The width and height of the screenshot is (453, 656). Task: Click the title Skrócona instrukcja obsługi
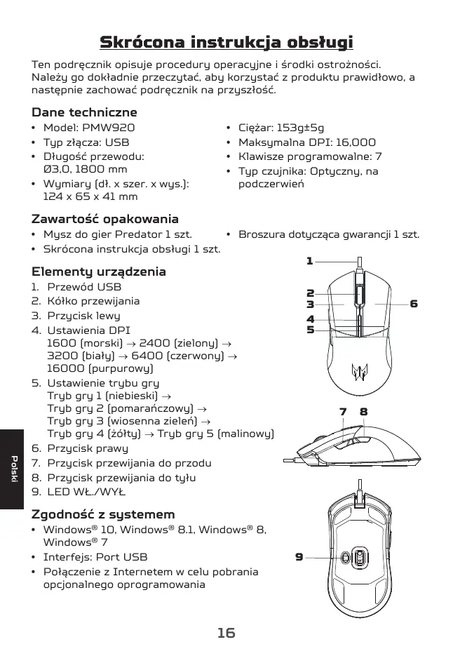226,42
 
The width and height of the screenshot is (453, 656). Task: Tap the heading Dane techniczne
84,112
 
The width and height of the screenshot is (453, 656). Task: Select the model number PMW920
109,128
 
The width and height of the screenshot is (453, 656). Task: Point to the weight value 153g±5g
301,128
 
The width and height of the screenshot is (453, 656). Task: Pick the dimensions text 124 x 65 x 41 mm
90,197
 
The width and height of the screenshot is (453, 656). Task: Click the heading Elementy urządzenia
99,272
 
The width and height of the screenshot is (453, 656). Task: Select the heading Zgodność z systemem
103,514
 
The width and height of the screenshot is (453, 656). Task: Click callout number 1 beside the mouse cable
309,261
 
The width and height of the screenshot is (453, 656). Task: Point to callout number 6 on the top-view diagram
414,304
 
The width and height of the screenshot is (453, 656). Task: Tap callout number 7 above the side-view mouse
344,412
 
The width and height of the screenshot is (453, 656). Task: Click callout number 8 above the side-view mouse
364,412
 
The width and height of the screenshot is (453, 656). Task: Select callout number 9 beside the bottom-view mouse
299,557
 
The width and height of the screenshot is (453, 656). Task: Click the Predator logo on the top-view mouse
359,371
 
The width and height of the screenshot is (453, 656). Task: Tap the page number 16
226,633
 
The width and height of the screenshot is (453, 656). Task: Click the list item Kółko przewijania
93,301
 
